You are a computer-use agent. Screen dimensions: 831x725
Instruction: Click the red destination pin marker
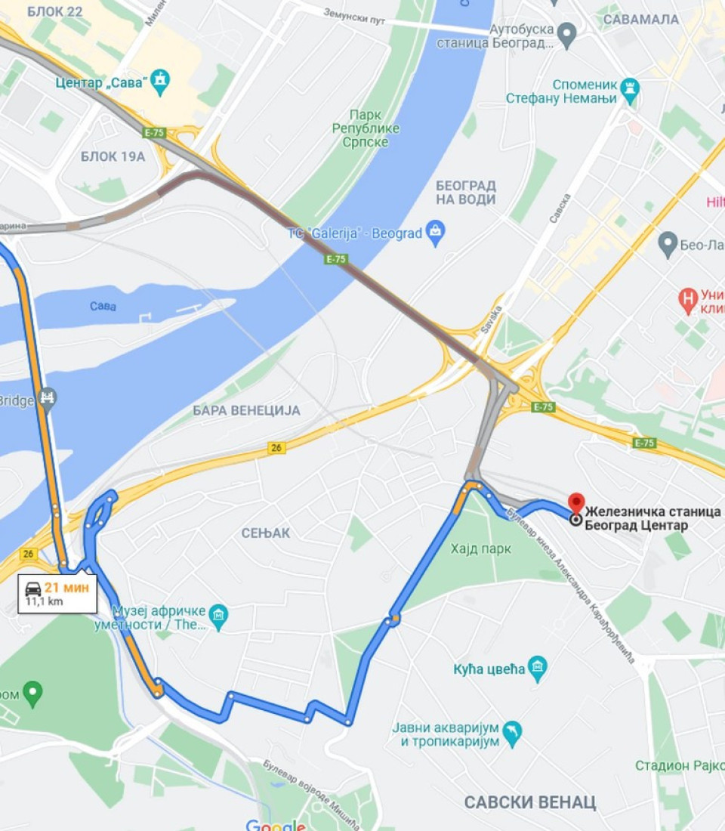point(576,502)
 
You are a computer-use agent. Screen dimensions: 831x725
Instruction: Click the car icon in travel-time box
point(33,588)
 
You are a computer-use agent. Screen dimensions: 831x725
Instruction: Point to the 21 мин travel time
point(66,588)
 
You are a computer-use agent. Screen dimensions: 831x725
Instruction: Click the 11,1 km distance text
point(45,601)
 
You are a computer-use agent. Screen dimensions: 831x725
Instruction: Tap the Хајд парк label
point(480,548)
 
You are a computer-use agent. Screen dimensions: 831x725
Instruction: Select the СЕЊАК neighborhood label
point(266,533)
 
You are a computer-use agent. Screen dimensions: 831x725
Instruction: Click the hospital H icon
point(687,296)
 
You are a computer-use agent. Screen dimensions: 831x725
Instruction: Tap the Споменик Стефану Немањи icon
point(629,91)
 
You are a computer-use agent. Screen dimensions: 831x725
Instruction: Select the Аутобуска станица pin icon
point(566,33)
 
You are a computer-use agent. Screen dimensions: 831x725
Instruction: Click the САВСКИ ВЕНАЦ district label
point(530,802)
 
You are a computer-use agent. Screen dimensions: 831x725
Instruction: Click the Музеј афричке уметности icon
point(219,616)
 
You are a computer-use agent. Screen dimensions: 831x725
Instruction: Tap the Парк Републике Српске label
point(366,128)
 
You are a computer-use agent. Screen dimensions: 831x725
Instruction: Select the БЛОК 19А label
point(113,156)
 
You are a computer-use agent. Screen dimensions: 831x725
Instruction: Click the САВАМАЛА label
point(640,19)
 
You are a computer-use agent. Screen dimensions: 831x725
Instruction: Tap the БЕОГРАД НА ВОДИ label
point(466,192)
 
